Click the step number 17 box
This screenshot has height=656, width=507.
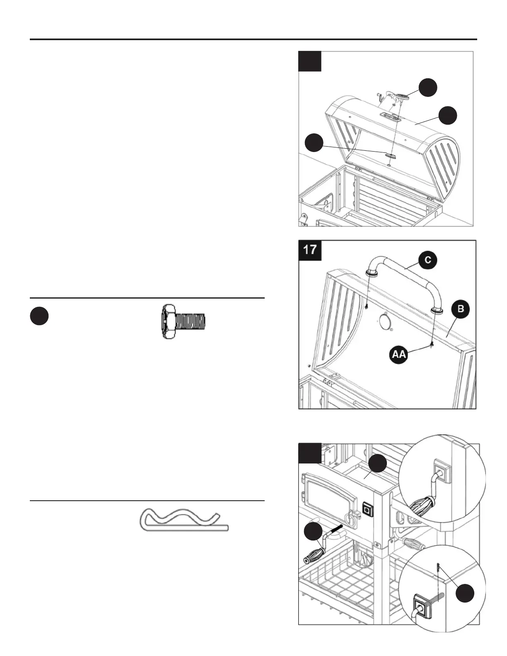[310, 250]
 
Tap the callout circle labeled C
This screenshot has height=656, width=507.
[428, 260]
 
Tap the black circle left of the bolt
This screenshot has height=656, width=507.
[39, 317]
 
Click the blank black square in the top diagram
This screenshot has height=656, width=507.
[310, 61]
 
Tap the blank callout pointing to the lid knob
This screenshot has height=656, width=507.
[428, 87]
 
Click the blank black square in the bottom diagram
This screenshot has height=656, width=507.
[309, 453]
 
